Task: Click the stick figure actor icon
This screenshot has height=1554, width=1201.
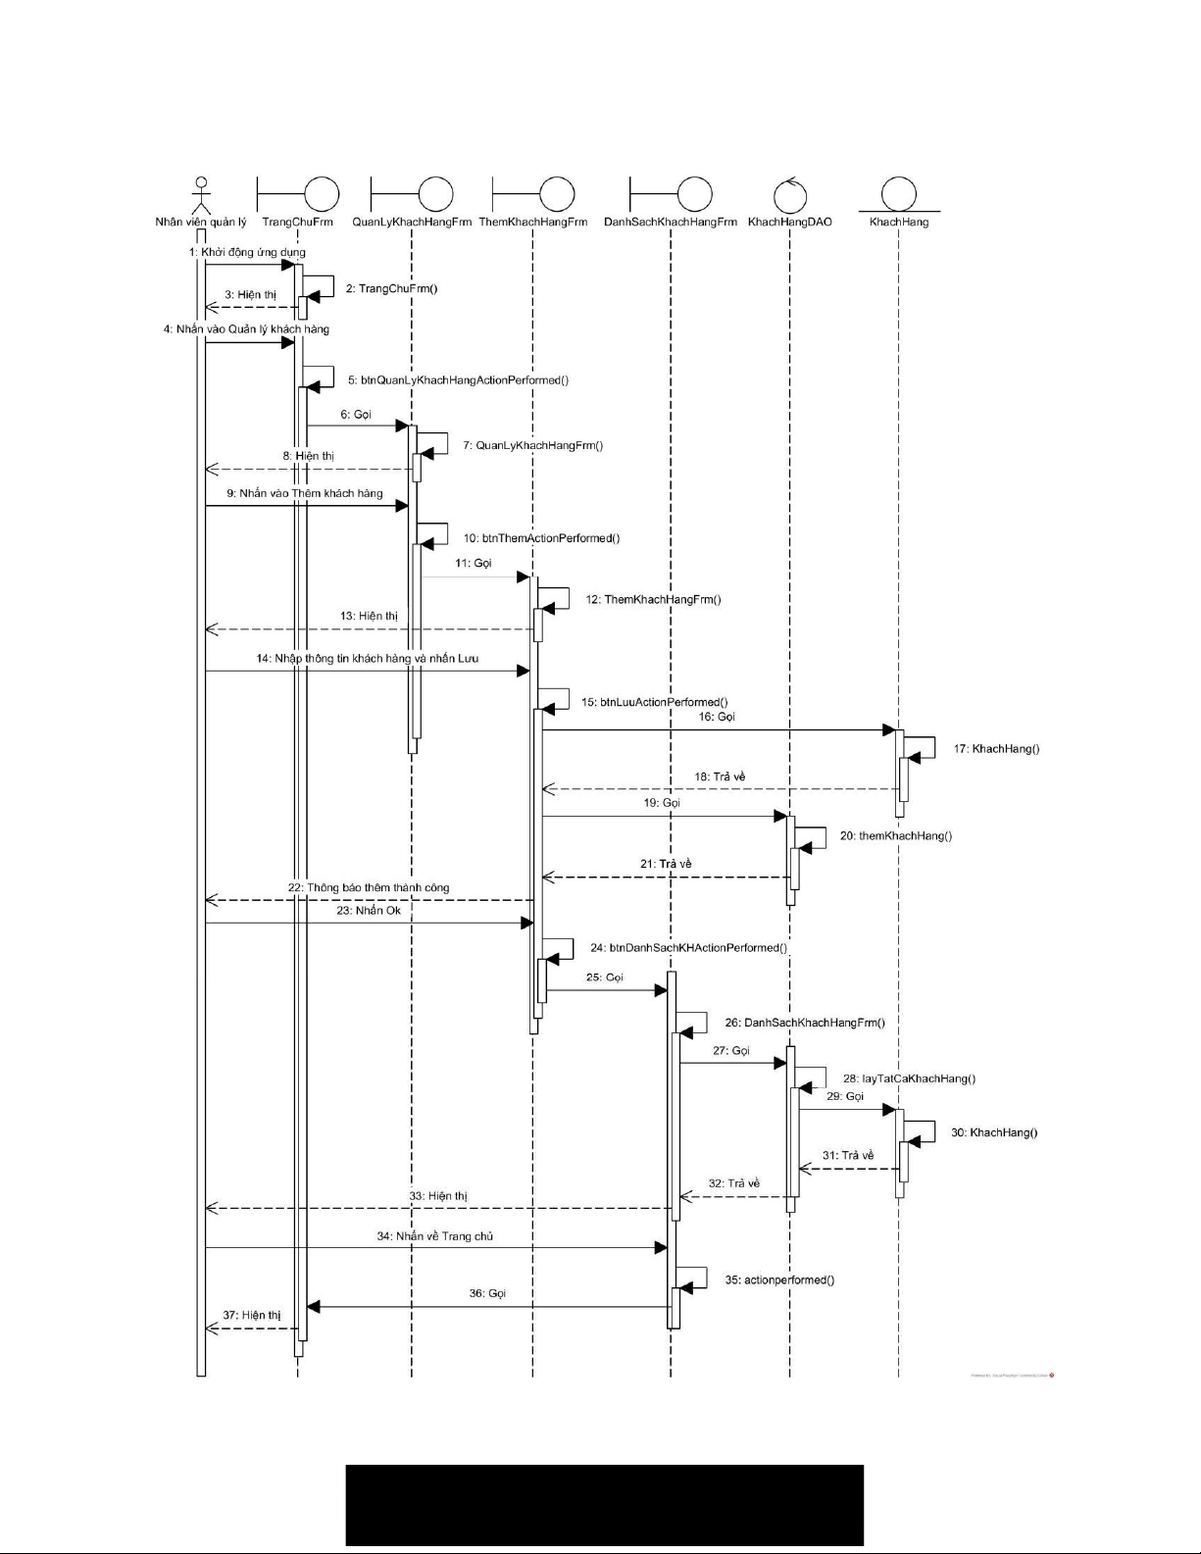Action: pos(201,195)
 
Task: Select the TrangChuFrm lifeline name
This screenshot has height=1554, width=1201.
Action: pos(297,223)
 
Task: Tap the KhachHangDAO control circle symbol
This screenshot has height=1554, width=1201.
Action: pos(789,195)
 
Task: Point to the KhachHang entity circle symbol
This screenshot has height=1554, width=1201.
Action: pos(898,194)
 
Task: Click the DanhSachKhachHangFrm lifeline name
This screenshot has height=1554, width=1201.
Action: pos(671,223)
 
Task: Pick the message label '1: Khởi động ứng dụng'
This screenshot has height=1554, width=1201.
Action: pos(247,252)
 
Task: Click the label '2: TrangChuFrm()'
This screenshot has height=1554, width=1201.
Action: pos(391,289)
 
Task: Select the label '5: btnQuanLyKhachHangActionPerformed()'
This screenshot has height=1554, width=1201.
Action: pos(458,379)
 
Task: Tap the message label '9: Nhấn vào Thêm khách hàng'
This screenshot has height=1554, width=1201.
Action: pos(305,493)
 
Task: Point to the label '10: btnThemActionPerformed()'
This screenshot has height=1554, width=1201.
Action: pos(541,538)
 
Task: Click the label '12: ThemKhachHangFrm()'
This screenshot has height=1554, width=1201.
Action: pos(653,599)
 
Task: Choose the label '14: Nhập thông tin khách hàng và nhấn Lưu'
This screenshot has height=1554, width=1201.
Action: pos(368,659)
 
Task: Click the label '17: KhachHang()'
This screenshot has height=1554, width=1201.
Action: pos(996,749)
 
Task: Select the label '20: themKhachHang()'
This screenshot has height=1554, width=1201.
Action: pos(895,836)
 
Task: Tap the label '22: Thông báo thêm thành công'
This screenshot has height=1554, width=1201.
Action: pos(369,887)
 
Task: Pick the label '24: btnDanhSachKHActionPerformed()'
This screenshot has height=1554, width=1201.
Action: pos(688,948)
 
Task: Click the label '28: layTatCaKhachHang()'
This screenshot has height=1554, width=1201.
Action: pos(909,1078)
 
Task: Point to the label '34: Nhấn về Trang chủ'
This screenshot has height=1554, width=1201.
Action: pos(435,1236)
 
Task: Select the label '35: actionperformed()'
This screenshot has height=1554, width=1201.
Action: pos(779,1280)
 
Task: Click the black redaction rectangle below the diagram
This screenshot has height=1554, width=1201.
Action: pos(604,1505)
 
